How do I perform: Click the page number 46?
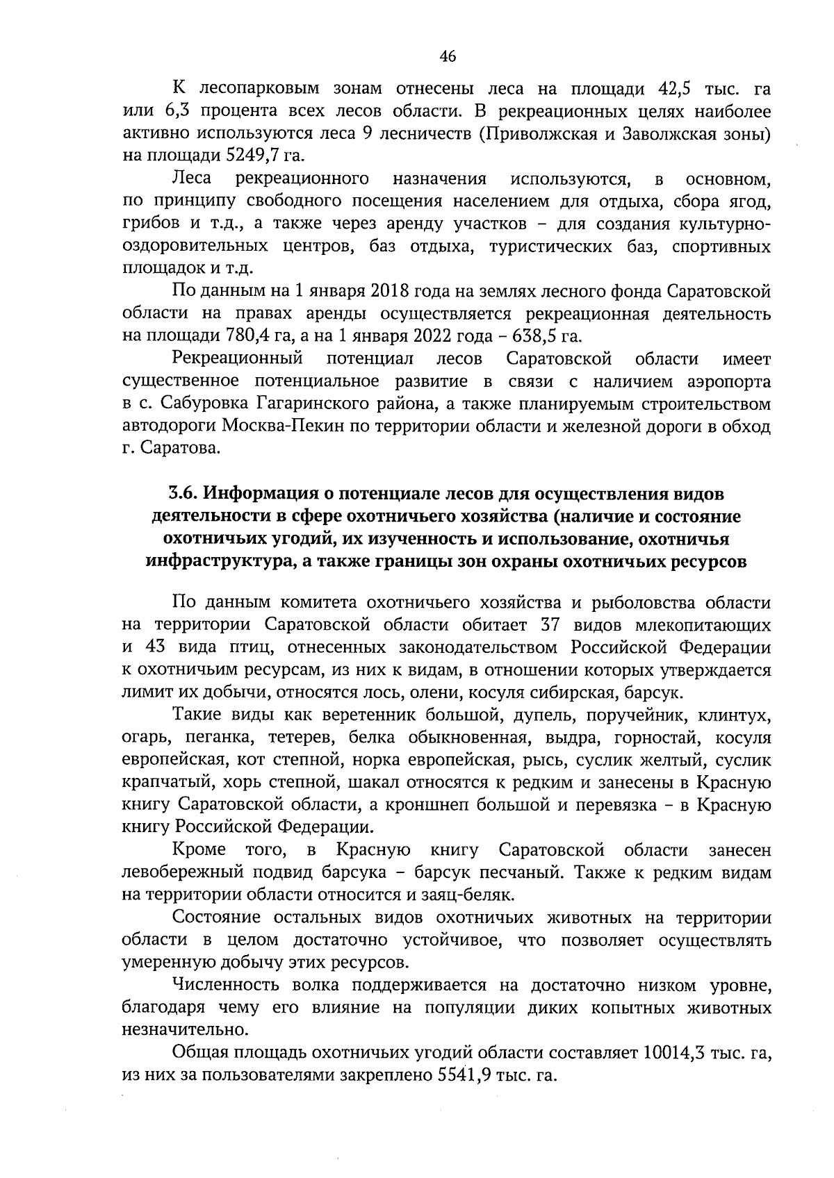pyautogui.click(x=448, y=57)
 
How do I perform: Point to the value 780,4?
pyautogui.click(x=249, y=336)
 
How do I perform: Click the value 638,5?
pyautogui.click(x=532, y=336)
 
